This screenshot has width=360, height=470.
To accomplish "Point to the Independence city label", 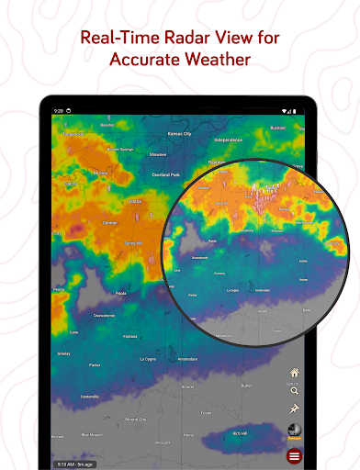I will tap(227, 140).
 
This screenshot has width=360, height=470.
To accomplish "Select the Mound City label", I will tap(135, 418).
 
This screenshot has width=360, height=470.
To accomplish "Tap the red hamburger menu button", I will tap(294, 456).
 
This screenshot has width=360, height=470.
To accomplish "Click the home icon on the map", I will tap(294, 373).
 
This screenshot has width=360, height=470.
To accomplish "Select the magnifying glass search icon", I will tap(294, 391).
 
